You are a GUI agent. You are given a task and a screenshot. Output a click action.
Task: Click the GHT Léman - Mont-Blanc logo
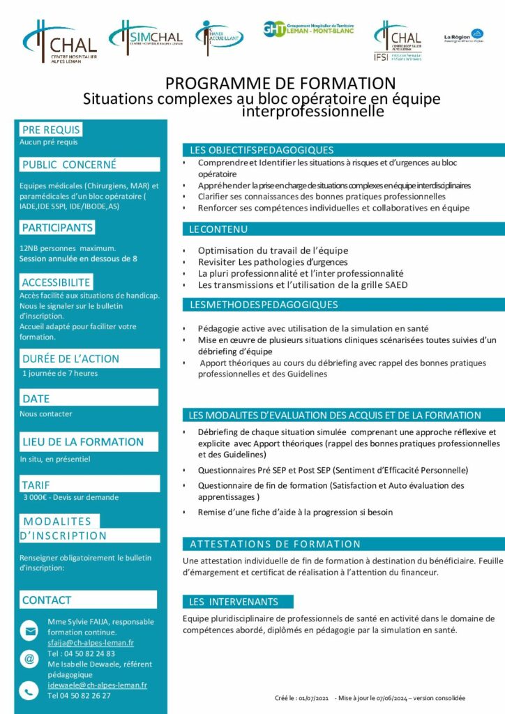(x=308, y=29)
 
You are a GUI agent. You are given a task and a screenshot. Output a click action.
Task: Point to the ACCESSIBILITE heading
(x=56, y=282)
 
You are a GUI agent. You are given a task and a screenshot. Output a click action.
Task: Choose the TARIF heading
(x=36, y=485)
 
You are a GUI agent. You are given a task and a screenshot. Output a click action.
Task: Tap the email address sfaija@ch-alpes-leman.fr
(x=91, y=642)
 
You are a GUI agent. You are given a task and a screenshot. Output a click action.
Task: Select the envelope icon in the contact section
(x=29, y=631)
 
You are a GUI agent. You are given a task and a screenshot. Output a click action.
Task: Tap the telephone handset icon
(x=29, y=691)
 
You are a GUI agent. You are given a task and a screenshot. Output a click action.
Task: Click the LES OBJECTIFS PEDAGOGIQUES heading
(x=262, y=150)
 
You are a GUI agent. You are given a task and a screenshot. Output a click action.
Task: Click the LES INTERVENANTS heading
(x=234, y=602)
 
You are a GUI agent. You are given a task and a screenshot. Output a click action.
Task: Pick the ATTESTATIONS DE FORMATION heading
(x=276, y=544)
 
